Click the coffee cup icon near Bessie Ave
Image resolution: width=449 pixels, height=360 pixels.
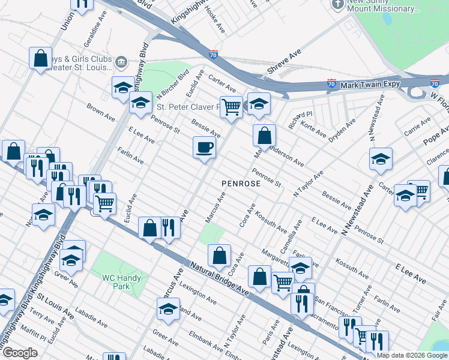[x=204, y=147]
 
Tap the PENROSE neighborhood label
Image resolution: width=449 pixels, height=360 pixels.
[x=241, y=183]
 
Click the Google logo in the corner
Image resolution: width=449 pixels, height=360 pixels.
[x=20, y=353]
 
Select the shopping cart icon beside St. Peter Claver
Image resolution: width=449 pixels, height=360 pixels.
[x=231, y=107]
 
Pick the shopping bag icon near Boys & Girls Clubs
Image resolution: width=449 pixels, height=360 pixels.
[x=40, y=58]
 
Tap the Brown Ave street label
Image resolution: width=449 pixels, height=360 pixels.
[x=100, y=111]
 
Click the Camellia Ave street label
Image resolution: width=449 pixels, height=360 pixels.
[x=294, y=232]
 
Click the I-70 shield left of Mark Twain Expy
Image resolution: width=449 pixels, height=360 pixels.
[x=331, y=83]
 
